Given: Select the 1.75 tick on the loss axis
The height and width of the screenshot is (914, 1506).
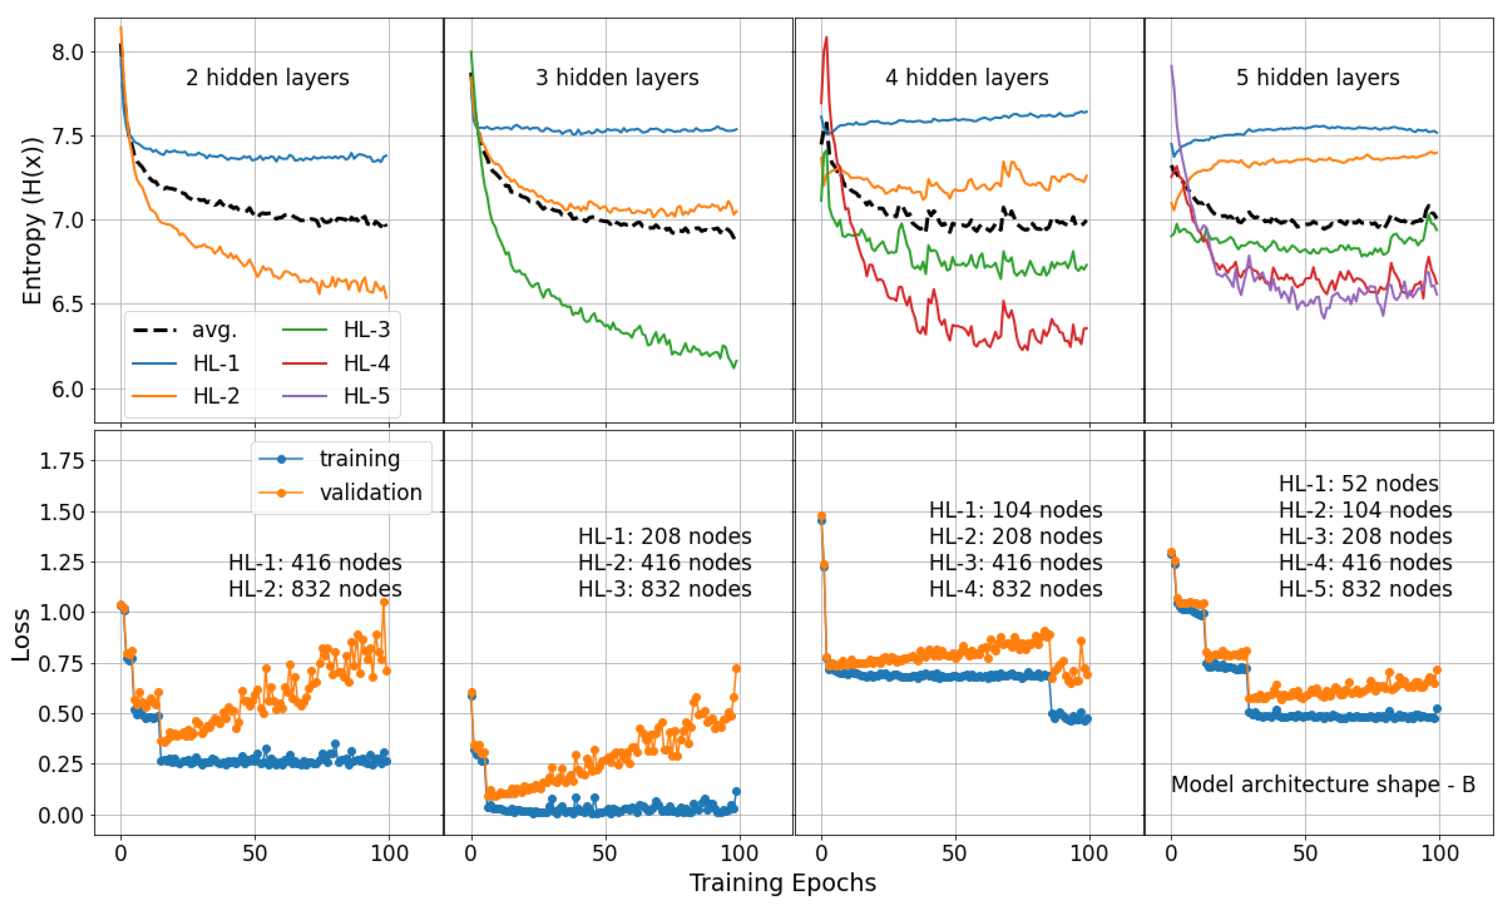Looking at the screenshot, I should (x=62, y=460).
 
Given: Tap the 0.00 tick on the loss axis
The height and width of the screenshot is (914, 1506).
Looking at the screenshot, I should (x=62, y=815).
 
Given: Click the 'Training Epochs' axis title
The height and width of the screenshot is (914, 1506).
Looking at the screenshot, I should (x=782, y=883).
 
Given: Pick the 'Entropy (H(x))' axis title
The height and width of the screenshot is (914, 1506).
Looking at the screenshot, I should (x=32, y=221).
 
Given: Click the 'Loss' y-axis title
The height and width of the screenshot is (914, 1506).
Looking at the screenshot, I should (x=21, y=635).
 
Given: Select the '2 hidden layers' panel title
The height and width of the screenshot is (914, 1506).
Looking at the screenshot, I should (x=267, y=78).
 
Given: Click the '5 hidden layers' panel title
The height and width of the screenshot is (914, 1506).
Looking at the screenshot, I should (x=1318, y=78).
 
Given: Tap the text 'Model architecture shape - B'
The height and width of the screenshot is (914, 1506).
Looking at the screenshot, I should (x=1323, y=784).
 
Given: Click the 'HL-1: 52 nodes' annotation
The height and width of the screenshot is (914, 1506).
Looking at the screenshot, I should (x=1358, y=484).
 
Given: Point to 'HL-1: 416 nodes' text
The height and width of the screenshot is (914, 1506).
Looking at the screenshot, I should (x=315, y=563).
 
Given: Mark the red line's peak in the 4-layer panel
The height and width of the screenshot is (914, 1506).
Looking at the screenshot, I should (x=826, y=37).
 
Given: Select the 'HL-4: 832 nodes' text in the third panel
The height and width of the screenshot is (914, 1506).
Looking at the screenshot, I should (x=1015, y=589).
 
